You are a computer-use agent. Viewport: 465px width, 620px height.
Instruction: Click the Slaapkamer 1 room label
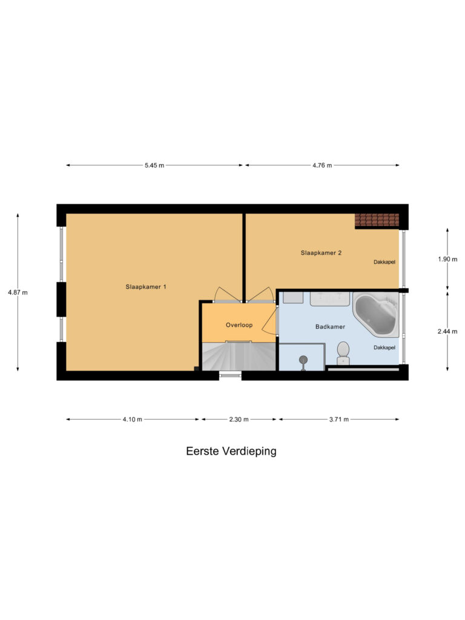146,286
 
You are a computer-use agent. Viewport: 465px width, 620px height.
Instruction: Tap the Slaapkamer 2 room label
321,252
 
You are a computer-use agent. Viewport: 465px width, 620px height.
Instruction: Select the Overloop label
239,325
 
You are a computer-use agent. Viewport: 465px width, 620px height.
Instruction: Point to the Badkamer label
330,326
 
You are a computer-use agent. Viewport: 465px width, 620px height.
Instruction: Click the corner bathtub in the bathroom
376,315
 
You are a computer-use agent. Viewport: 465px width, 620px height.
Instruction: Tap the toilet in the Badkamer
343,353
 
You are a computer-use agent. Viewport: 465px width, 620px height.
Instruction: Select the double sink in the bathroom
330,299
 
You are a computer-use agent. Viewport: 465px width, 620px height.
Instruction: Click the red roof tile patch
377,220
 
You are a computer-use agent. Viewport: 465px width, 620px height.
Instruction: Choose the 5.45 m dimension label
154,165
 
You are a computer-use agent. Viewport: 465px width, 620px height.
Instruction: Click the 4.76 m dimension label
322,165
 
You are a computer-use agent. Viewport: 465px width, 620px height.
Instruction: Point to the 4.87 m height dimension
18,292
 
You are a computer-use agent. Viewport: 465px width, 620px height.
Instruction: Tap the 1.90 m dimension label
447,259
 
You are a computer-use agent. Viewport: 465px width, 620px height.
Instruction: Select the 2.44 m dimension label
447,331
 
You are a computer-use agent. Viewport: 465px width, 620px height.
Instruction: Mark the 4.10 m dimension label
132,420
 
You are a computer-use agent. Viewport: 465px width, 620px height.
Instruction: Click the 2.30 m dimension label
239,420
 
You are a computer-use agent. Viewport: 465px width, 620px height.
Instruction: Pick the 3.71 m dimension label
339,420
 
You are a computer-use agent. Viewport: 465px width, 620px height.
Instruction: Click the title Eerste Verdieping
231,451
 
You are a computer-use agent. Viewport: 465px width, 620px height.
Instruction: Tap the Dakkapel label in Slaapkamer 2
384,262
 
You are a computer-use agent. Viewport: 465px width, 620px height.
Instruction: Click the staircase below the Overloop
239,356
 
